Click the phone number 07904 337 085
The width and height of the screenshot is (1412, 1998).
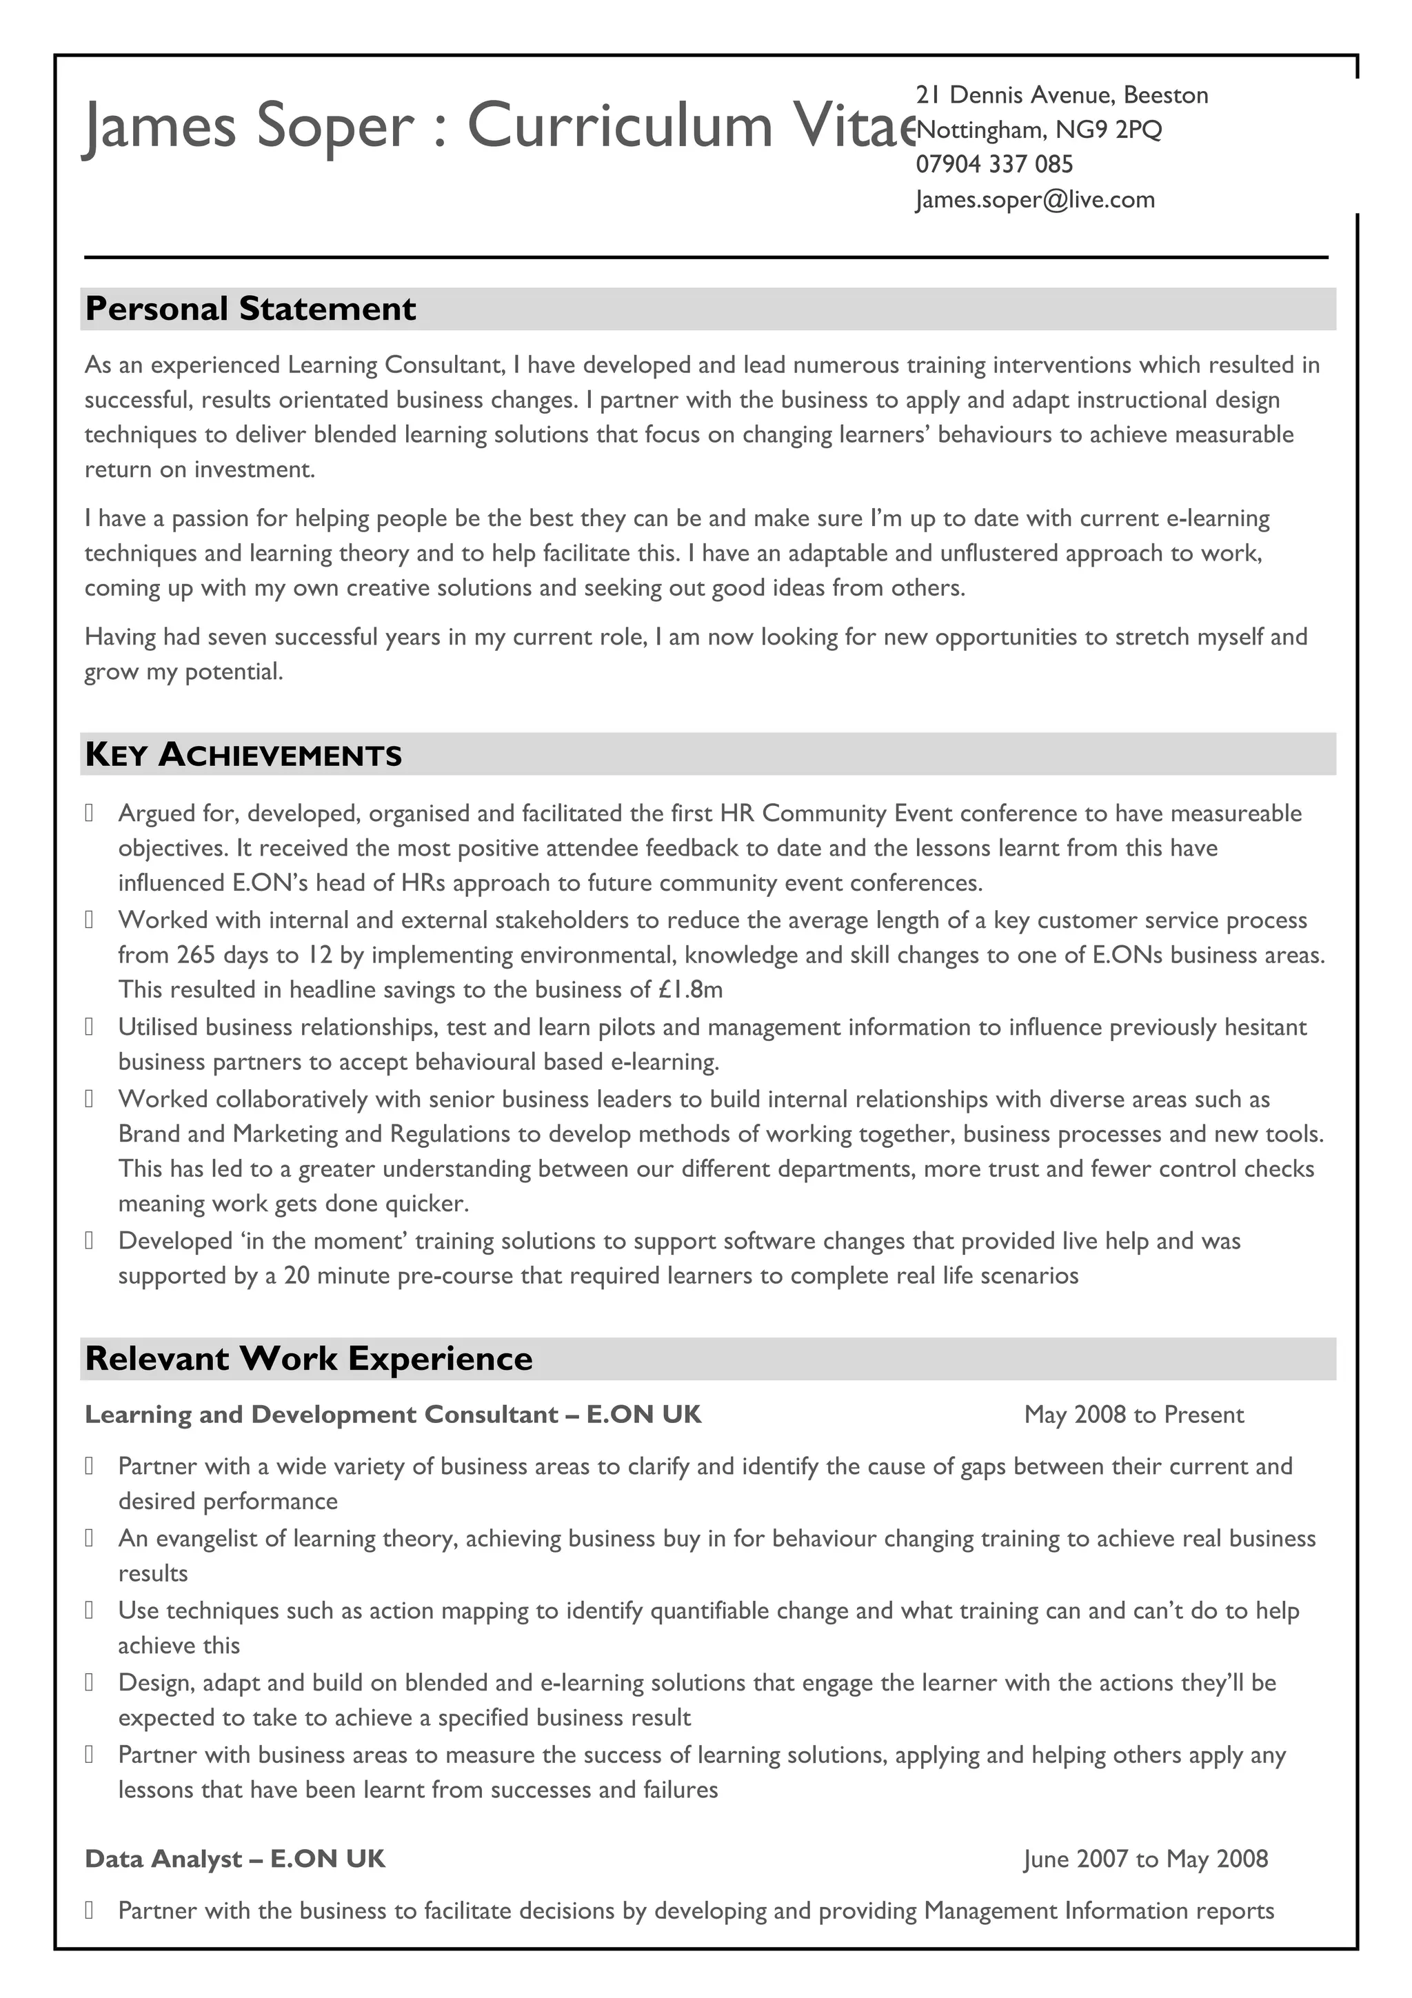coord(994,165)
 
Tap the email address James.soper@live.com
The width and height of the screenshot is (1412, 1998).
coord(1034,199)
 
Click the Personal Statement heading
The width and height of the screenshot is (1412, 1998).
coord(250,309)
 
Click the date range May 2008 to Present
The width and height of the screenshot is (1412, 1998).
coord(1133,1414)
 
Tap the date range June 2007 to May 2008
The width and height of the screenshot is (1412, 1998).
coord(1145,1859)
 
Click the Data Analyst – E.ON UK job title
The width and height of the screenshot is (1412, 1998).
coord(235,1859)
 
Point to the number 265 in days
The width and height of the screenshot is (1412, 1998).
coord(196,955)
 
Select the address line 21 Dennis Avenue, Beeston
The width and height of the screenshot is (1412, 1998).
coord(1061,95)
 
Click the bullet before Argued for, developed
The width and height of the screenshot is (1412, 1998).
coord(89,814)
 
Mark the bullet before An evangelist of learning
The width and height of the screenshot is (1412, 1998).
coord(89,1539)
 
